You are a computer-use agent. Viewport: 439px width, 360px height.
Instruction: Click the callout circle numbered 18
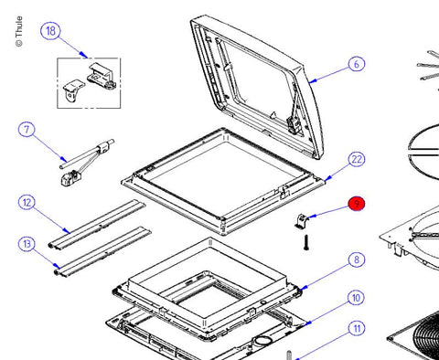50,31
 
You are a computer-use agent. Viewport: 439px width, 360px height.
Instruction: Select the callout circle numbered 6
357,64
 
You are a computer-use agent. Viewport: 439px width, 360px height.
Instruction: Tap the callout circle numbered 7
27,130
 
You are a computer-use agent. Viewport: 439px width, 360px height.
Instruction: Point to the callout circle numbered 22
357,159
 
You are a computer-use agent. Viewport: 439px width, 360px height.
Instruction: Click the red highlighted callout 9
357,204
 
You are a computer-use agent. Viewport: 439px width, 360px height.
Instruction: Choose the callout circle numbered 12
27,203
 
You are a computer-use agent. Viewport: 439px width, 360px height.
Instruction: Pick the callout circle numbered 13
27,244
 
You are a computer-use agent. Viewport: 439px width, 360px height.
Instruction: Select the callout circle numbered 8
357,259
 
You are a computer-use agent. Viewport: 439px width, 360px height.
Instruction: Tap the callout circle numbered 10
357,298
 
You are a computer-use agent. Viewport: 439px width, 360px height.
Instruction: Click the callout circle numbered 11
357,328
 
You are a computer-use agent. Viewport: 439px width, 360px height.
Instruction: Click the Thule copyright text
19,31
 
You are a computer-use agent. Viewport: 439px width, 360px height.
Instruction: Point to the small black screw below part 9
306,243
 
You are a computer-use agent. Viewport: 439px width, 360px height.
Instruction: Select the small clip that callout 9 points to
301,221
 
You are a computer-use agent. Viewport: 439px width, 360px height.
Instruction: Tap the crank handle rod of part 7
87,154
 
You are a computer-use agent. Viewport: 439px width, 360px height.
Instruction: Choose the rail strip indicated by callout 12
97,225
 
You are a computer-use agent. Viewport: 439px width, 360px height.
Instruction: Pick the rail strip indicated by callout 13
102,251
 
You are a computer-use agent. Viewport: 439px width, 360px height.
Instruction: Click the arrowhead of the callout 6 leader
312,81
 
